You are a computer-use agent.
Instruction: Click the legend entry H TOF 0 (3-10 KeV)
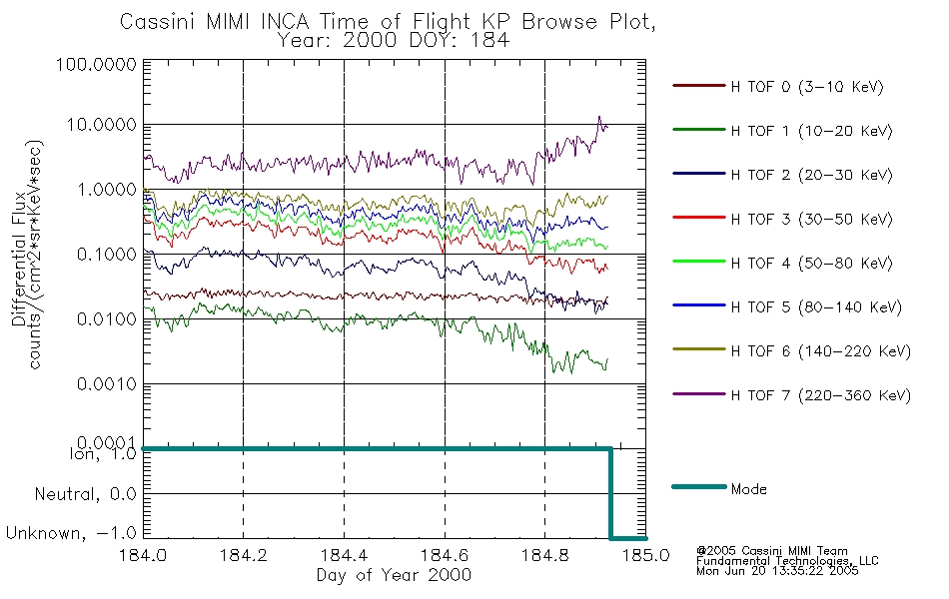(x=778, y=87)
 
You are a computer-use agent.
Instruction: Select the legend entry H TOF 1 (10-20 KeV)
(x=782, y=131)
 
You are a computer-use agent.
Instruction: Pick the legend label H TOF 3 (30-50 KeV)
(x=811, y=219)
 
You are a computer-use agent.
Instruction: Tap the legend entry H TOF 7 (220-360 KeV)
(x=791, y=395)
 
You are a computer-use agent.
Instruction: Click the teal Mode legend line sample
(x=699, y=486)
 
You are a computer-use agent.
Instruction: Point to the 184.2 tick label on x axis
(x=244, y=555)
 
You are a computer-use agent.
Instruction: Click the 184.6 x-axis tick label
(x=445, y=555)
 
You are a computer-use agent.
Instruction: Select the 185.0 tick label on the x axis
(x=645, y=555)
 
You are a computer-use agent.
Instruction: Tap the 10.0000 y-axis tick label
(x=101, y=125)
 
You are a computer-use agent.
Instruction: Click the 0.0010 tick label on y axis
(x=107, y=383)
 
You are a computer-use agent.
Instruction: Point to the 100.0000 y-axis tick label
(x=96, y=64)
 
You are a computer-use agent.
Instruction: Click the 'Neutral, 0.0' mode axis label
(x=85, y=494)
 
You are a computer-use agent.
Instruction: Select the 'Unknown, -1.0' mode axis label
(x=71, y=533)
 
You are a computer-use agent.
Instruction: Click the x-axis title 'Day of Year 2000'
(x=394, y=575)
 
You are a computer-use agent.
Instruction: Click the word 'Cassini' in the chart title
(x=157, y=22)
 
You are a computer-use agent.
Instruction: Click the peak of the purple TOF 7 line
(x=599, y=116)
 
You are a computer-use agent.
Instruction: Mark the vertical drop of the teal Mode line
(x=610, y=493)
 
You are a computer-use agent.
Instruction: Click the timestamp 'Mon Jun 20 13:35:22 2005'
(x=777, y=571)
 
